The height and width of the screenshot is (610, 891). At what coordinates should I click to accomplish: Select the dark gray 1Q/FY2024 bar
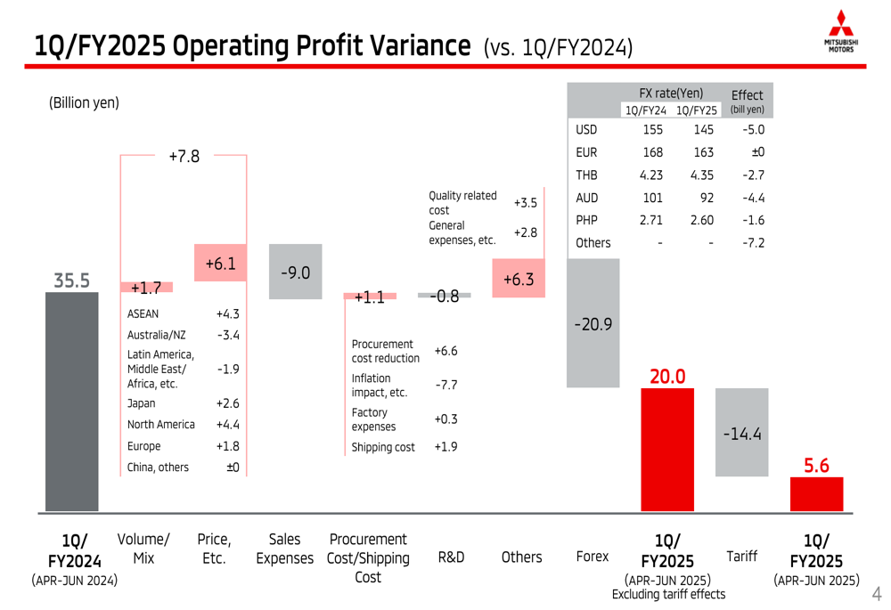(x=72, y=401)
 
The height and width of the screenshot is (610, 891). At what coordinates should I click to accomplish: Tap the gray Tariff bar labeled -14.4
(x=741, y=432)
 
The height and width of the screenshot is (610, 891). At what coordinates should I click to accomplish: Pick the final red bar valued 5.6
(x=816, y=494)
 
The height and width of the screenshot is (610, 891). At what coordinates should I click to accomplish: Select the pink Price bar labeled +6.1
(x=220, y=264)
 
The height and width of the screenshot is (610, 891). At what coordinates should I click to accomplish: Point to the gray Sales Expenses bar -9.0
(x=295, y=272)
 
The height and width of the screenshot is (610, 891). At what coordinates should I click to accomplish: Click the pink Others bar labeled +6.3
(x=518, y=279)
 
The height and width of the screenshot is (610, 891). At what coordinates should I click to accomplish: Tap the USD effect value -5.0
(x=753, y=130)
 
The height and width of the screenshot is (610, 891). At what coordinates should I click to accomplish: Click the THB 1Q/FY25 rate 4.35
(x=701, y=175)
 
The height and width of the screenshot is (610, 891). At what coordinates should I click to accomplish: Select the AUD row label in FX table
(x=587, y=198)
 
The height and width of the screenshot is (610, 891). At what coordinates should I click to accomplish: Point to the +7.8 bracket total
(x=184, y=157)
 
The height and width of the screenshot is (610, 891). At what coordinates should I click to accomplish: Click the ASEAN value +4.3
(x=227, y=313)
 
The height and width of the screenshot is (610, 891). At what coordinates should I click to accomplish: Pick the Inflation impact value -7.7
(x=445, y=385)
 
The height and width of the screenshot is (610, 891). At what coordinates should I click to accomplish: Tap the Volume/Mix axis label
(x=143, y=549)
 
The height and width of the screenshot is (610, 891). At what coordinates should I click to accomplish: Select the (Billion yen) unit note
(x=84, y=103)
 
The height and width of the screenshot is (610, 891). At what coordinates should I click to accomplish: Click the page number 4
(x=876, y=593)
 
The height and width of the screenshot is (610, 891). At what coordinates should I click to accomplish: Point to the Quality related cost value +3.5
(x=526, y=203)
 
